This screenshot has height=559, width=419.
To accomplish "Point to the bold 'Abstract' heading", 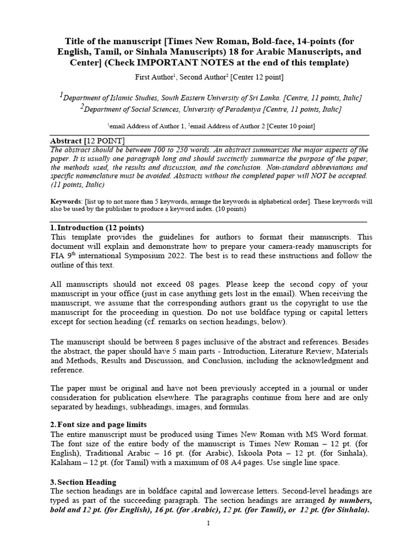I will (x=64, y=141).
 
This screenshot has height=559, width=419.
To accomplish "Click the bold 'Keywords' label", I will (x=66, y=201).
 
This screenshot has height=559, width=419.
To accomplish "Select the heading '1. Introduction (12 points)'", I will (x=97, y=227).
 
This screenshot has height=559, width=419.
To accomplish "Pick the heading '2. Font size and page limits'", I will (x=99, y=424).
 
